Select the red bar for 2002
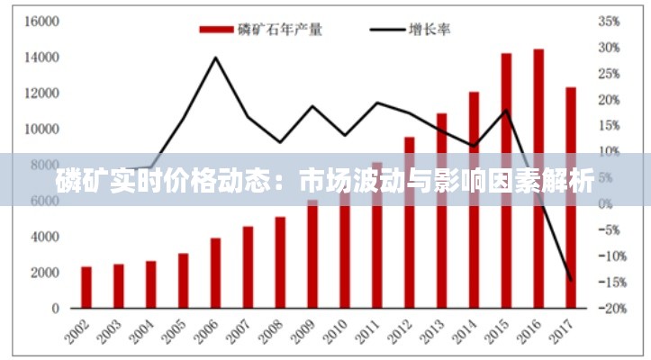pos(86,287)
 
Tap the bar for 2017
pos(570,197)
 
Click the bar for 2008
pos(280,262)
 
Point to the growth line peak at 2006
pos(215,58)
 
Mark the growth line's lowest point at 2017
pos(570,279)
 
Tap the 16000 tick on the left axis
pos(42,21)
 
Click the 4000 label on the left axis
pos(45,237)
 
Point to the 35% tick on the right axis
pos(609,21)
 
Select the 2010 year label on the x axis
pos(337,329)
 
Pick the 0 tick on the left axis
pos(55,309)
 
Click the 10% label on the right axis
pos(609,151)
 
